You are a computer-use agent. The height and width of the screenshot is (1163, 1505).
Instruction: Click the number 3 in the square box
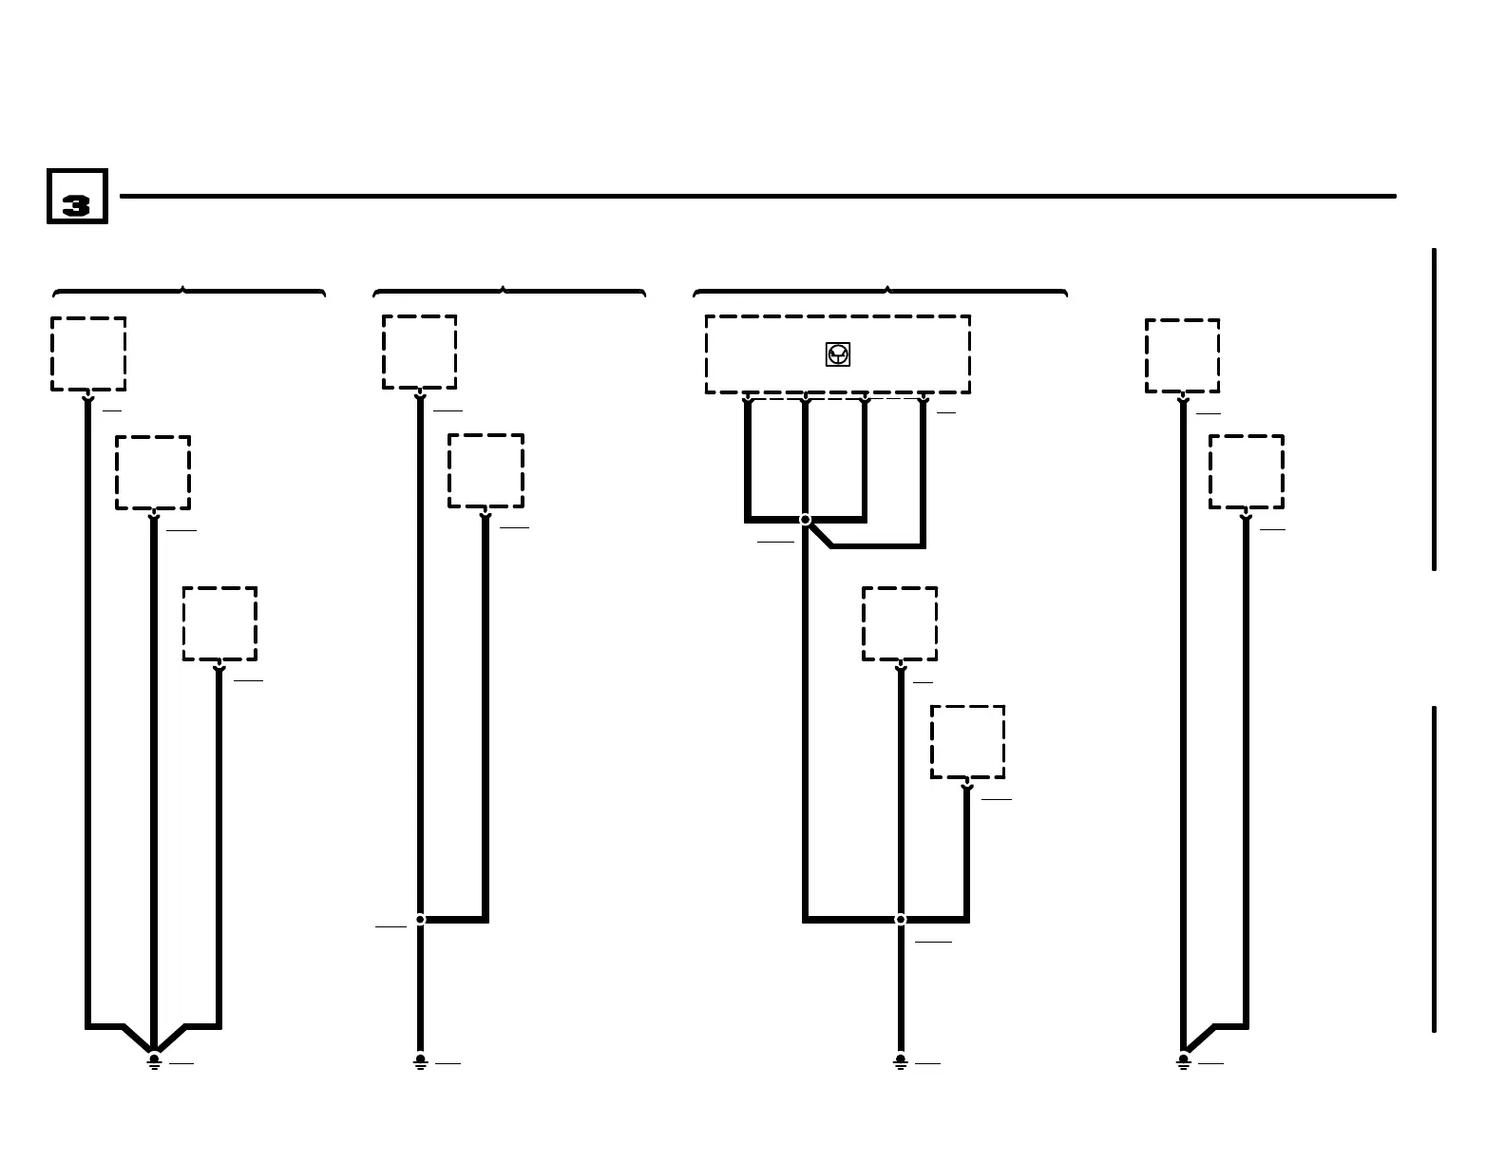(76, 205)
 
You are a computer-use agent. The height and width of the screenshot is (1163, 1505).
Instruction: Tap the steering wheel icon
(837, 354)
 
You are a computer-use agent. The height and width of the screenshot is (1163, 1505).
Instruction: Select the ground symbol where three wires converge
(154, 1060)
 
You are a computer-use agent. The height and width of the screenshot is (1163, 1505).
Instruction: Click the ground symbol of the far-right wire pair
(1183, 1060)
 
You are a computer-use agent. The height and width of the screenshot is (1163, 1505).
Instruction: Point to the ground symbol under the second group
(420, 1060)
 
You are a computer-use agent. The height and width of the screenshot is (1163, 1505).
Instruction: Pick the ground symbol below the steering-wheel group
(900, 1060)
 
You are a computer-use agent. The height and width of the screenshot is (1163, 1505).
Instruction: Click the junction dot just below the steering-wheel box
(805, 520)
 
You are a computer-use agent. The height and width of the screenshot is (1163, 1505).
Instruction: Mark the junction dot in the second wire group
(420, 919)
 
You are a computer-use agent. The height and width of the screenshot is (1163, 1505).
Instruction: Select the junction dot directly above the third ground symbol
(900, 919)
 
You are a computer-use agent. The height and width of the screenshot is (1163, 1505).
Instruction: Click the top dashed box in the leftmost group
(88, 353)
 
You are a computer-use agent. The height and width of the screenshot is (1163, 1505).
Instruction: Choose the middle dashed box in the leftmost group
(153, 472)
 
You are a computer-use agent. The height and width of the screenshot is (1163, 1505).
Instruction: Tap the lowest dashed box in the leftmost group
(219, 623)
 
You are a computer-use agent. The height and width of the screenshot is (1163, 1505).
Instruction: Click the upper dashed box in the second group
(419, 352)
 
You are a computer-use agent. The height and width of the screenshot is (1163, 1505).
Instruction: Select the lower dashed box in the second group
(486, 470)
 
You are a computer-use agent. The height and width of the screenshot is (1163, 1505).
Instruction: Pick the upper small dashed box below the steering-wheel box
(900, 623)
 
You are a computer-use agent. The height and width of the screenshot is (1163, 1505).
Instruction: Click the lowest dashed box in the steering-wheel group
(967, 741)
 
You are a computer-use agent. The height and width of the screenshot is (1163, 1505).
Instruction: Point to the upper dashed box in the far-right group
(1182, 355)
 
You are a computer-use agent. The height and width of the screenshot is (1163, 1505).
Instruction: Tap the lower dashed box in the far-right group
(1247, 471)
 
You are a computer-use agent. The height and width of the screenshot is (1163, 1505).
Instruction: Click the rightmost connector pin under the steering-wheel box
(923, 399)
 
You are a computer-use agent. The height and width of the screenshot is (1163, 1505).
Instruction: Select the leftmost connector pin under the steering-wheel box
(748, 399)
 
